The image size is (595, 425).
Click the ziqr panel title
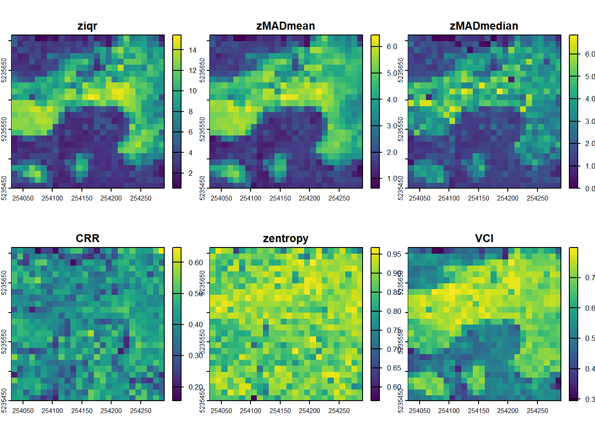[87, 26]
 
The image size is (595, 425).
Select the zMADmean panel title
[286, 26]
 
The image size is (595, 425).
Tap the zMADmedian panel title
[484, 26]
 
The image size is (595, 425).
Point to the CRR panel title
[87, 239]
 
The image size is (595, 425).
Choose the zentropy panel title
[286, 239]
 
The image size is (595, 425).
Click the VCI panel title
[484, 239]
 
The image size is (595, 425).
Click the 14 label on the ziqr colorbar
[193, 50]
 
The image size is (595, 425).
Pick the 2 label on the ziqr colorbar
[191, 173]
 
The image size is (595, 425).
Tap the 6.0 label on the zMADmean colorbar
[392, 46]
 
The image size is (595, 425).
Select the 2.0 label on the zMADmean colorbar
[392, 152]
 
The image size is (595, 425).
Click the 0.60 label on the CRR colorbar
[195, 263]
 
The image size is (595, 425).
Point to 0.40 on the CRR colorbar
[195, 325]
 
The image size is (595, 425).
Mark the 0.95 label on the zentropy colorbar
[394, 254]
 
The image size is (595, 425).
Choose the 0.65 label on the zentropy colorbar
[394, 368]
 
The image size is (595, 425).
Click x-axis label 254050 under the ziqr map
[23, 198]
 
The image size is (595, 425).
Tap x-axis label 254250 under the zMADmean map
[339, 198]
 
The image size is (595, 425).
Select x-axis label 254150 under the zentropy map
[280, 411]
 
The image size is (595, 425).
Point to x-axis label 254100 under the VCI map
[449, 411]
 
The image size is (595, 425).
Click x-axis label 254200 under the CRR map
[111, 411]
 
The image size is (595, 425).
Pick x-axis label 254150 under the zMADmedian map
[479, 198]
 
